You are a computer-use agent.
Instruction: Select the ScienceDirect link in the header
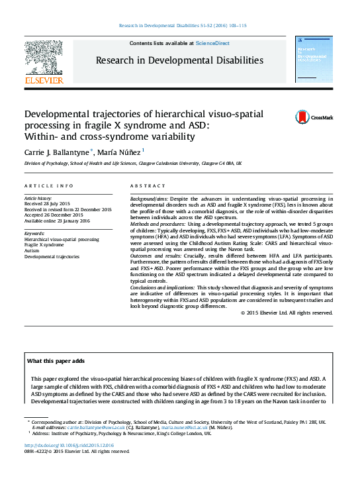click(x=212, y=43)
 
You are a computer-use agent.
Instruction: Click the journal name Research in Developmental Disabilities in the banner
click(x=179, y=60)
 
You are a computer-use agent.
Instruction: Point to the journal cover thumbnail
click(x=314, y=62)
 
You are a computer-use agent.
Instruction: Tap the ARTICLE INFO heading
click(x=48, y=186)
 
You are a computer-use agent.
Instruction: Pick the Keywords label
click(x=34, y=233)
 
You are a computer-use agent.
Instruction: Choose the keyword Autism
click(x=32, y=250)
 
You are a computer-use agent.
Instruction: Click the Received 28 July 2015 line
click(x=50, y=204)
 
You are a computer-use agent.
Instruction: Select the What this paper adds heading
click(x=56, y=361)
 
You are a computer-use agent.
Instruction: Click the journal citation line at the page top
click(x=182, y=25)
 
